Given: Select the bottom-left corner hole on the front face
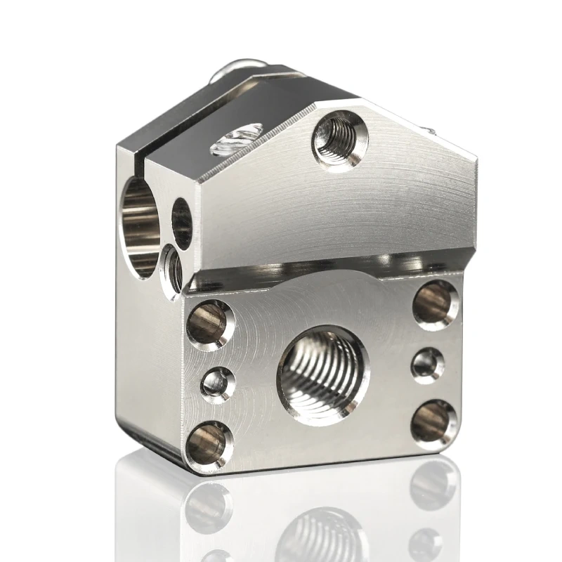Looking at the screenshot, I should click(x=210, y=445).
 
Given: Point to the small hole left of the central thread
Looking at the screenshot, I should click(x=218, y=384).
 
